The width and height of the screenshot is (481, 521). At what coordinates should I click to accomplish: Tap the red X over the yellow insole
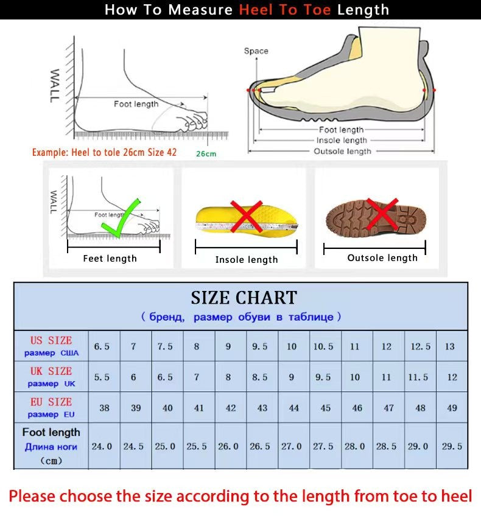(x=246, y=217)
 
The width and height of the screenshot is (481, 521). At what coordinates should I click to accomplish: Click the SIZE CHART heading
(x=244, y=298)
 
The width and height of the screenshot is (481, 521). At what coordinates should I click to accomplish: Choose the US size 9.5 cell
(x=260, y=346)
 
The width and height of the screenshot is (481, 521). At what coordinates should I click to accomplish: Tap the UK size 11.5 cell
(x=418, y=377)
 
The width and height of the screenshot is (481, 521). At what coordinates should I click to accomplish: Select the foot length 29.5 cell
(x=452, y=446)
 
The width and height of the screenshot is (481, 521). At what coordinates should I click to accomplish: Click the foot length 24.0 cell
(x=102, y=446)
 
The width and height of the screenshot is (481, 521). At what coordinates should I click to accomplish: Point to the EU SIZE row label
(x=51, y=407)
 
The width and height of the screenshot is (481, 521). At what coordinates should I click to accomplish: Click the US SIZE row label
(x=51, y=346)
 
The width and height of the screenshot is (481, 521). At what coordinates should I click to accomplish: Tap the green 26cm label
(x=206, y=154)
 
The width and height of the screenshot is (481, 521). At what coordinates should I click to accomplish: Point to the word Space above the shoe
(x=256, y=51)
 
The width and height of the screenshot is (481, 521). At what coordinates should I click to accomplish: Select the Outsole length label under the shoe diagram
(x=342, y=151)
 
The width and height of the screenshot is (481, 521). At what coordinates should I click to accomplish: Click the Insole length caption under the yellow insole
(x=247, y=260)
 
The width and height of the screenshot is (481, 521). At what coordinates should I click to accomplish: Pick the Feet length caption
(x=110, y=259)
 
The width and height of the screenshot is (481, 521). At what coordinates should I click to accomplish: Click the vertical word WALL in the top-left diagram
(x=54, y=86)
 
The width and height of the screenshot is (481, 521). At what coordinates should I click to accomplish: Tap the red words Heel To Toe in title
(x=286, y=10)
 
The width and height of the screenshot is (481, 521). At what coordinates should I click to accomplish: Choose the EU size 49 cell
(x=452, y=408)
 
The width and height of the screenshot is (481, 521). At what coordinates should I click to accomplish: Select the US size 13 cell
(x=449, y=346)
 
